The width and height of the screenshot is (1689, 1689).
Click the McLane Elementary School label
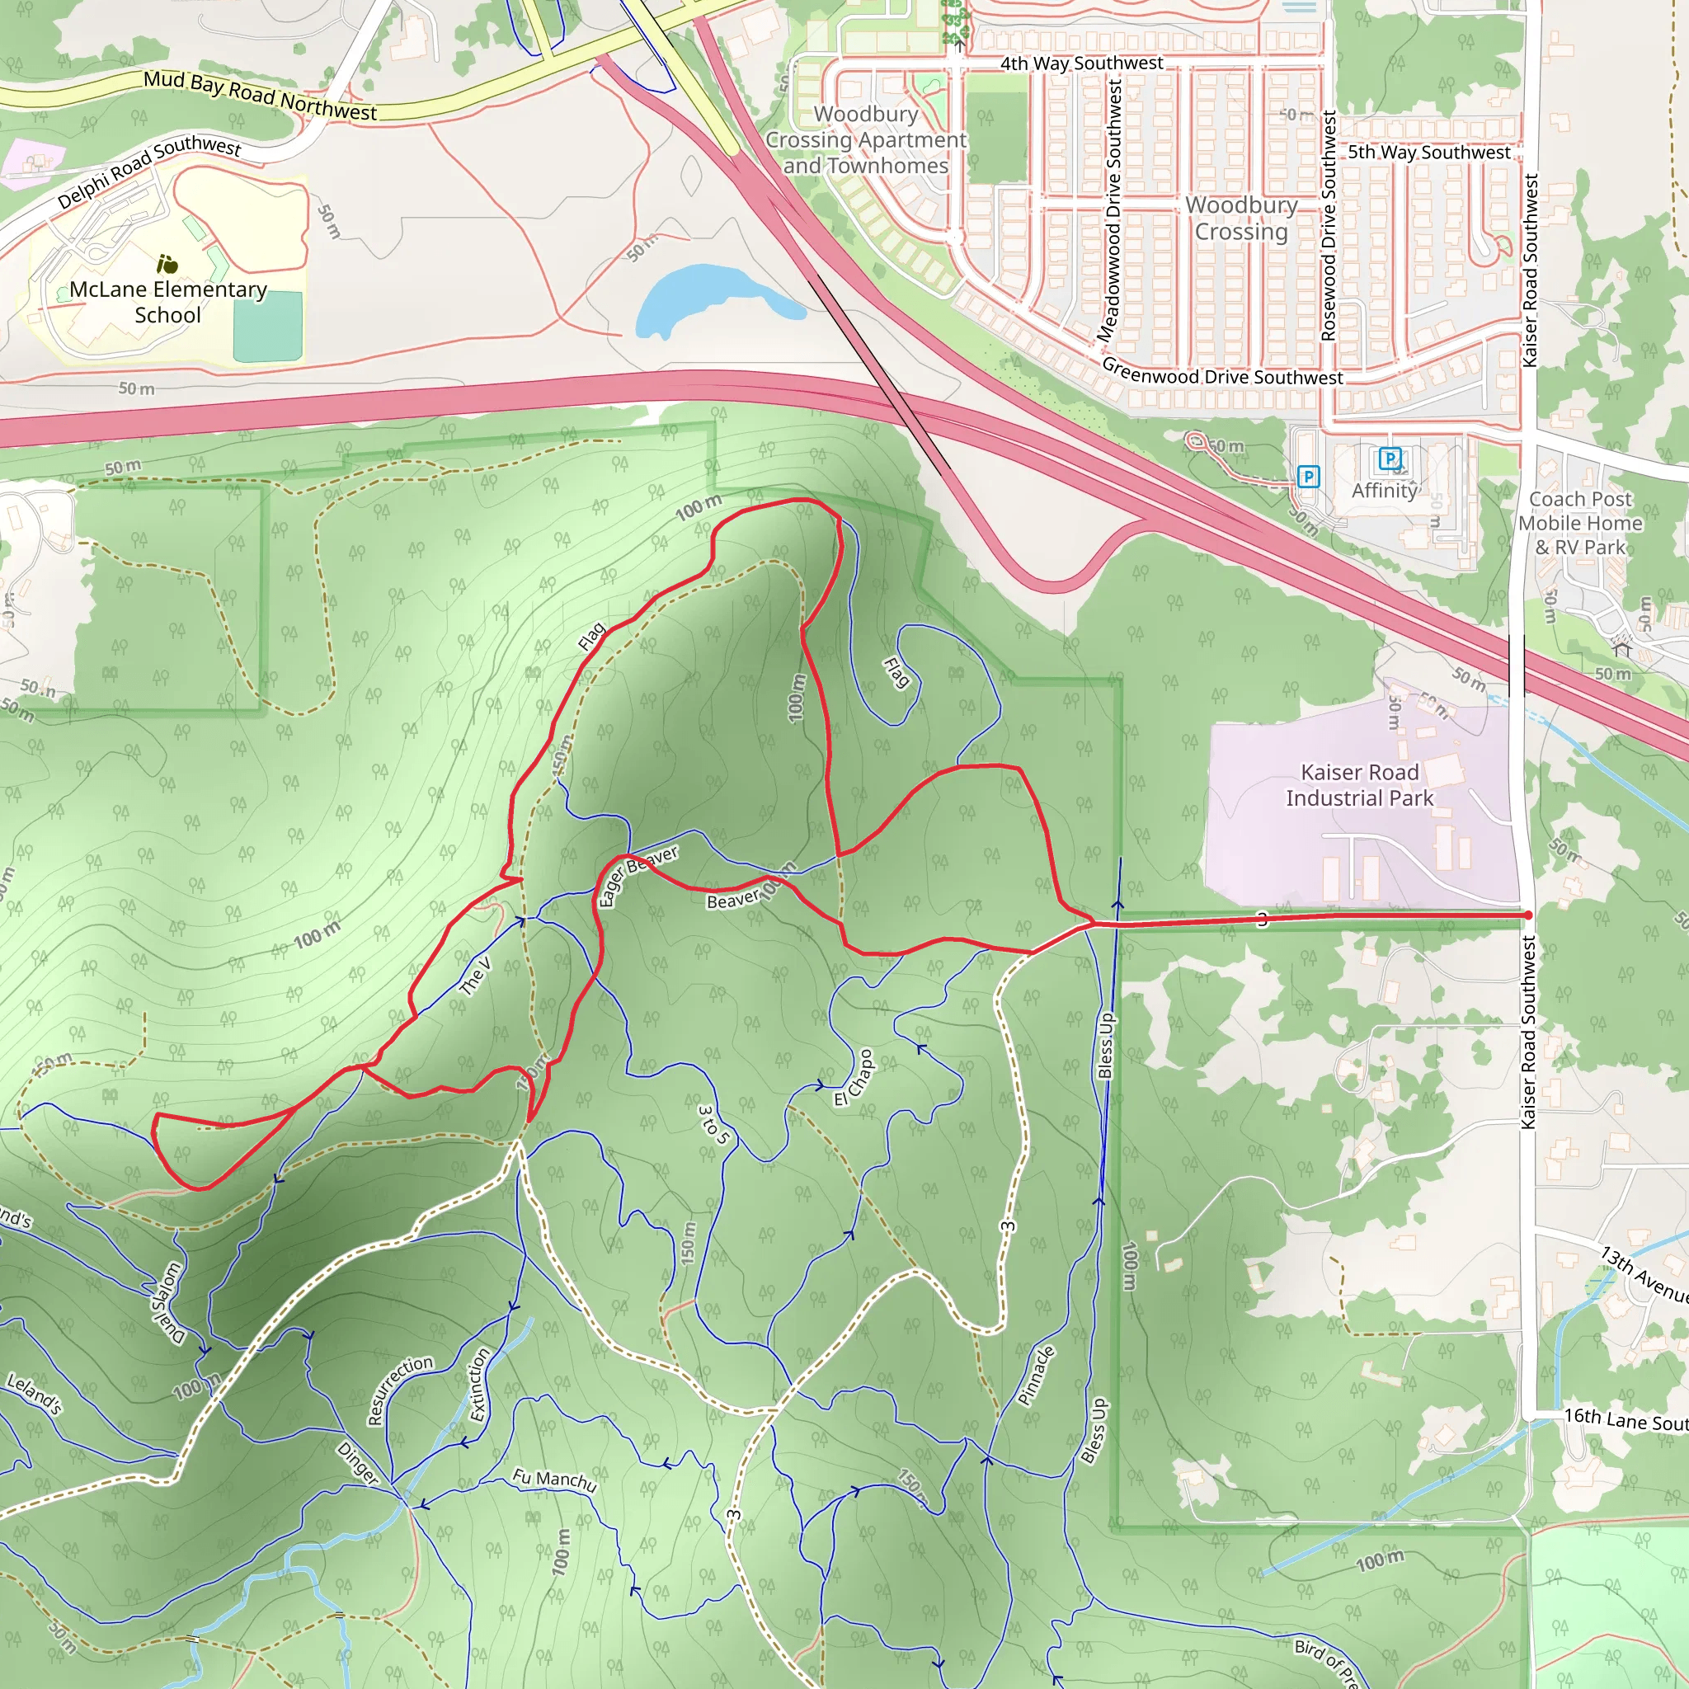tap(168, 302)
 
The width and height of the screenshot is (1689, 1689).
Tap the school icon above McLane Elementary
tap(167, 263)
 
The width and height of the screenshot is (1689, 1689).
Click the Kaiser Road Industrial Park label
tap(1358, 785)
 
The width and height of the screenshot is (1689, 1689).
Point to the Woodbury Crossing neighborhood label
tap(1240, 218)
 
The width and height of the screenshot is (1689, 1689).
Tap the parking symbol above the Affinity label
tap(1389, 458)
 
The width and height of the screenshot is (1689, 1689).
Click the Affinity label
tap(1384, 491)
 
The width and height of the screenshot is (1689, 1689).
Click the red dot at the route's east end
tap(1527, 915)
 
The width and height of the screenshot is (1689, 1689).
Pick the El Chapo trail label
tap(854, 1077)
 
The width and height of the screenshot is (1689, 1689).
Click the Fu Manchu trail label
tap(554, 1480)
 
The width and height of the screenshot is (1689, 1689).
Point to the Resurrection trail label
tap(399, 1389)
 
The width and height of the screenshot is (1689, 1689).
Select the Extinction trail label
tap(479, 1385)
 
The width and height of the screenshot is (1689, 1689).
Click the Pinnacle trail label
tap(1037, 1375)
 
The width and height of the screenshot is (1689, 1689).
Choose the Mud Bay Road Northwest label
tap(260, 96)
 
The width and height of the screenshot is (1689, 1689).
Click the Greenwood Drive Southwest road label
tap(1221, 374)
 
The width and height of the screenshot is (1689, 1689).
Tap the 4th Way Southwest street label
tap(1081, 63)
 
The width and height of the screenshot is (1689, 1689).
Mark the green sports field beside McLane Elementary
tap(267, 327)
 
